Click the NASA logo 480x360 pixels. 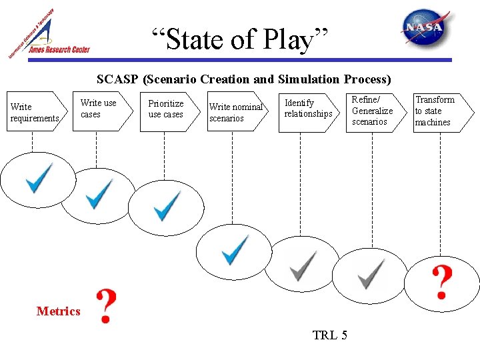coord(421,27)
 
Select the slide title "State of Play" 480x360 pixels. coord(240,39)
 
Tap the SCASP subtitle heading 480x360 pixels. coord(243,79)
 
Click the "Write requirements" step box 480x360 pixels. coord(35,112)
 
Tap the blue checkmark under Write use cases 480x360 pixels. coord(99,193)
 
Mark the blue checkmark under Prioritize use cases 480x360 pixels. coord(166,206)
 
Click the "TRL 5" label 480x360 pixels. coord(329,335)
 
